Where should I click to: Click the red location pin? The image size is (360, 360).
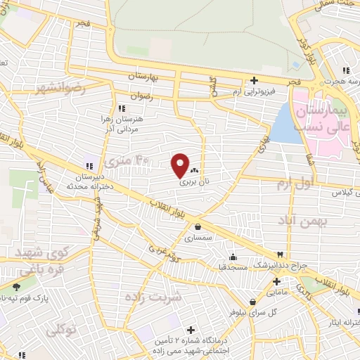[180, 165]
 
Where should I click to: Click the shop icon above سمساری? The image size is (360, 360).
[198, 227]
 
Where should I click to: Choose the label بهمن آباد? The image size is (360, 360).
[304, 221]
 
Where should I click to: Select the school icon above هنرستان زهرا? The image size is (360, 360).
[122, 108]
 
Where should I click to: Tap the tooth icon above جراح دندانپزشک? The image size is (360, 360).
[281, 254]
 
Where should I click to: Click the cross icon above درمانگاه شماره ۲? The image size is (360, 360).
[191, 330]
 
